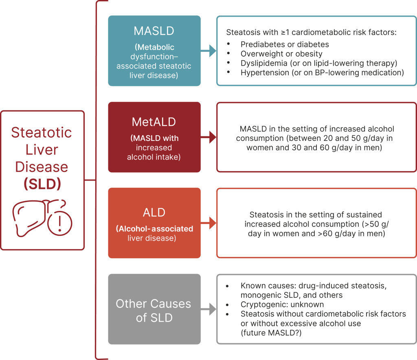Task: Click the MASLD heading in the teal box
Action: (x=154, y=31)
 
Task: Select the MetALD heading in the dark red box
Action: (x=154, y=122)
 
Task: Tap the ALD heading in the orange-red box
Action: (x=154, y=213)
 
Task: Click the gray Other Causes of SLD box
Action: (x=154, y=309)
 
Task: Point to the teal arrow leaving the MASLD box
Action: (x=208, y=50)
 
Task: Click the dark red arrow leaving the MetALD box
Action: (x=208, y=137)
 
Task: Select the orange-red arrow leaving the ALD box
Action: (x=208, y=223)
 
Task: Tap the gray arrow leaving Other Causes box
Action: (x=208, y=309)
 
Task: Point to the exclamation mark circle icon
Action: (x=60, y=223)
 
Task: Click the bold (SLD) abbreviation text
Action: (x=42, y=184)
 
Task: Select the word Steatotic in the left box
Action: (x=42, y=132)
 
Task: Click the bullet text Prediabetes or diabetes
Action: (x=285, y=44)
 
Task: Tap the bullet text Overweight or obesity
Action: (x=281, y=54)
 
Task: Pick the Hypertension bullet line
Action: (x=322, y=72)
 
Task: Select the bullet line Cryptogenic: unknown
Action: (x=282, y=305)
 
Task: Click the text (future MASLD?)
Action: (x=271, y=333)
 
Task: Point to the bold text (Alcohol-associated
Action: (x=154, y=228)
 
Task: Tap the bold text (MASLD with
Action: (x=154, y=138)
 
